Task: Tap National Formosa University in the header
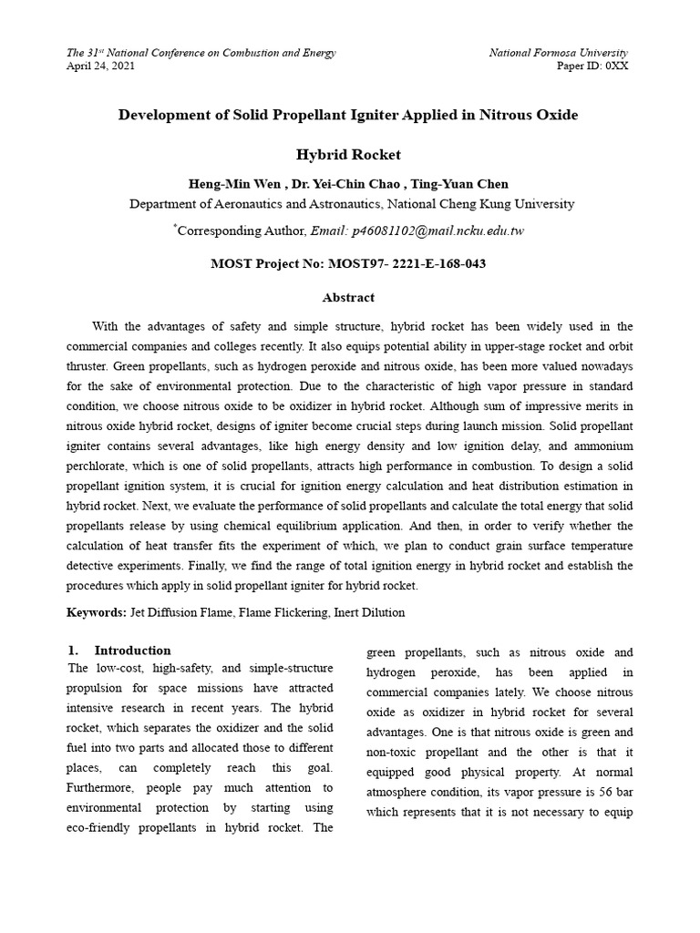pyautogui.click(x=558, y=53)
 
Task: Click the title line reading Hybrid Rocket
pyautogui.click(x=349, y=155)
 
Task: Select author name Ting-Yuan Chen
pyautogui.click(x=466, y=185)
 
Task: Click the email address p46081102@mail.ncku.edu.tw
pyautogui.click(x=418, y=231)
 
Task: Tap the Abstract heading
pyautogui.click(x=349, y=298)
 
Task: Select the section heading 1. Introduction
pyautogui.click(x=119, y=651)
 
